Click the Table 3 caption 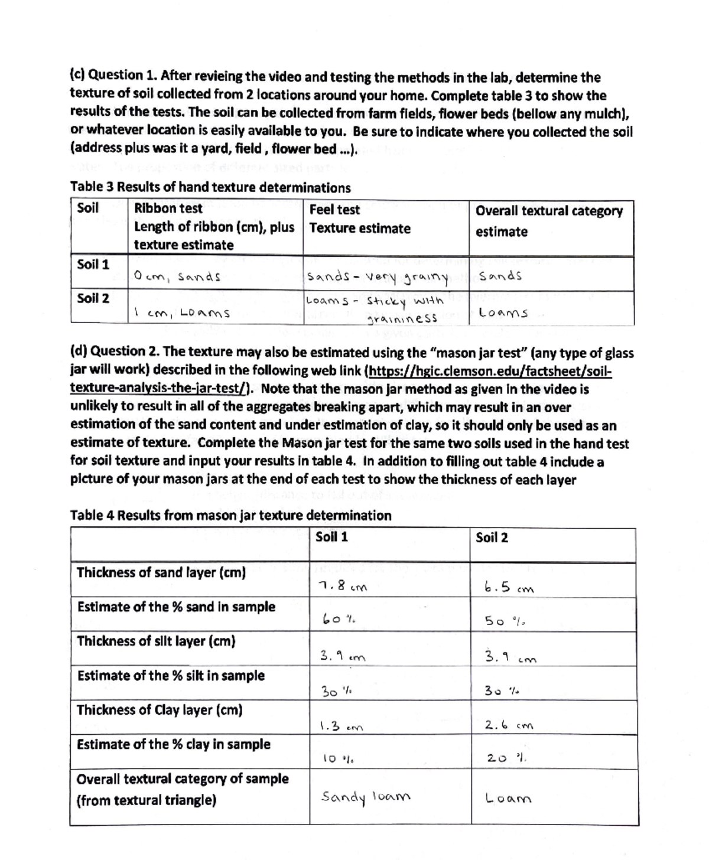[x=210, y=188]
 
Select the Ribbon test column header [x=168, y=209]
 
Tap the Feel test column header [x=334, y=210]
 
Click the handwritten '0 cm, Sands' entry [x=177, y=276]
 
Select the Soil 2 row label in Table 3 [x=93, y=298]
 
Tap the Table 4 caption [x=230, y=515]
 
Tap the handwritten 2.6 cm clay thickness [x=509, y=725]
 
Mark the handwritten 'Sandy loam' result [x=365, y=797]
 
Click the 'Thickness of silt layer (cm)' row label [x=156, y=641]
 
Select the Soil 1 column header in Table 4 [x=331, y=537]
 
